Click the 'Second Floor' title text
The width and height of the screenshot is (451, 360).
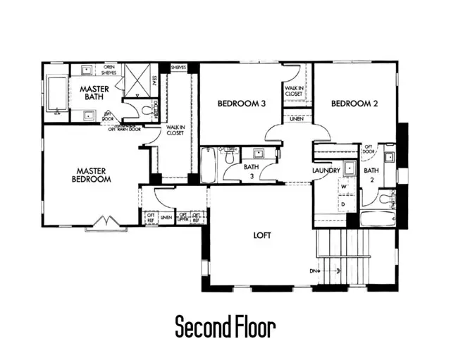click(x=225, y=327)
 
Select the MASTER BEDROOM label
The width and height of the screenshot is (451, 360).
click(x=93, y=175)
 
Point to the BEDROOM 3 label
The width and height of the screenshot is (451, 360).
click(x=241, y=104)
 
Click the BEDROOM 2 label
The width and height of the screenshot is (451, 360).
click(x=354, y=104)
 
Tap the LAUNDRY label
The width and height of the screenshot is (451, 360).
click(x=326, y=170)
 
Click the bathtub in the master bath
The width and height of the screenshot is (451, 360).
click(x=56, y=96)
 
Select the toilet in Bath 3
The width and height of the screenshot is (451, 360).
click(x=229, y=159)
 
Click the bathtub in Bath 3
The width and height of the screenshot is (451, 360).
click(x=209, y=165)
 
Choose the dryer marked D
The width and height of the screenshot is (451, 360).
click(x=344, y=204)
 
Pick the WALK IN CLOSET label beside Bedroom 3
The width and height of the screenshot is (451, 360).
click(x=294, y=90)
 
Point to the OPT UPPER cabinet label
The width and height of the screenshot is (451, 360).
click(x=183, y=218)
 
